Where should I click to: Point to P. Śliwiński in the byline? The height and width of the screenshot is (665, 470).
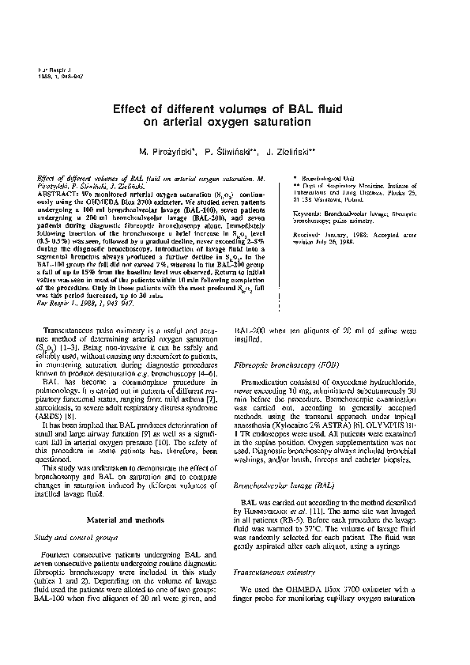[x=236, y=149]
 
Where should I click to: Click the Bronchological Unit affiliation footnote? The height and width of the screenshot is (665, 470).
[x=319, y=180]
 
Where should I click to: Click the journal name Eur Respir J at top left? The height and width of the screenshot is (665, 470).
[x=51, y=70]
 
